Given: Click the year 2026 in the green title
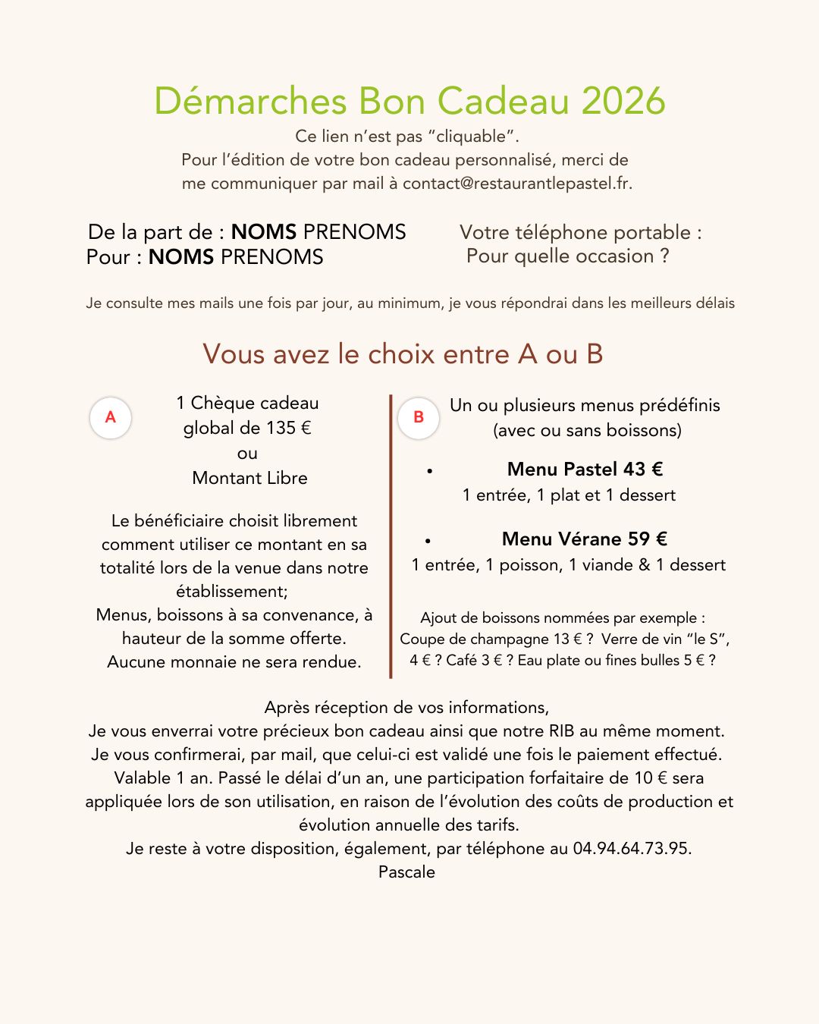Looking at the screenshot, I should click(623, 102).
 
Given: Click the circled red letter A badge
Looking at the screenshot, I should click(111, 417).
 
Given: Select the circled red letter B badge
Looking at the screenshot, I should click(419, 417).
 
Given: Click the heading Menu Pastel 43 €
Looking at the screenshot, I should click(585, 470).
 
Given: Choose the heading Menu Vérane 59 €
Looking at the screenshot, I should click(584, 539).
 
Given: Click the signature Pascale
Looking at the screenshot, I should click(406, 872).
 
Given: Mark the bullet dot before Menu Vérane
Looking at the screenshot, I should click(428, 542).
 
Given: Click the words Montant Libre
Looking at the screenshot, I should click(249, 478).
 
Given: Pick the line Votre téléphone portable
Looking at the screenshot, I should click(580, 232).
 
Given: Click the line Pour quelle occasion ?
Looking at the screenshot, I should click(567, 256).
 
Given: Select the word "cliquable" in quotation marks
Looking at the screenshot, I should click(471, 137).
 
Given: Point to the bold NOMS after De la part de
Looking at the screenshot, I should click(263, 232).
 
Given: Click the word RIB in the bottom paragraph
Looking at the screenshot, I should click(557, 731).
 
